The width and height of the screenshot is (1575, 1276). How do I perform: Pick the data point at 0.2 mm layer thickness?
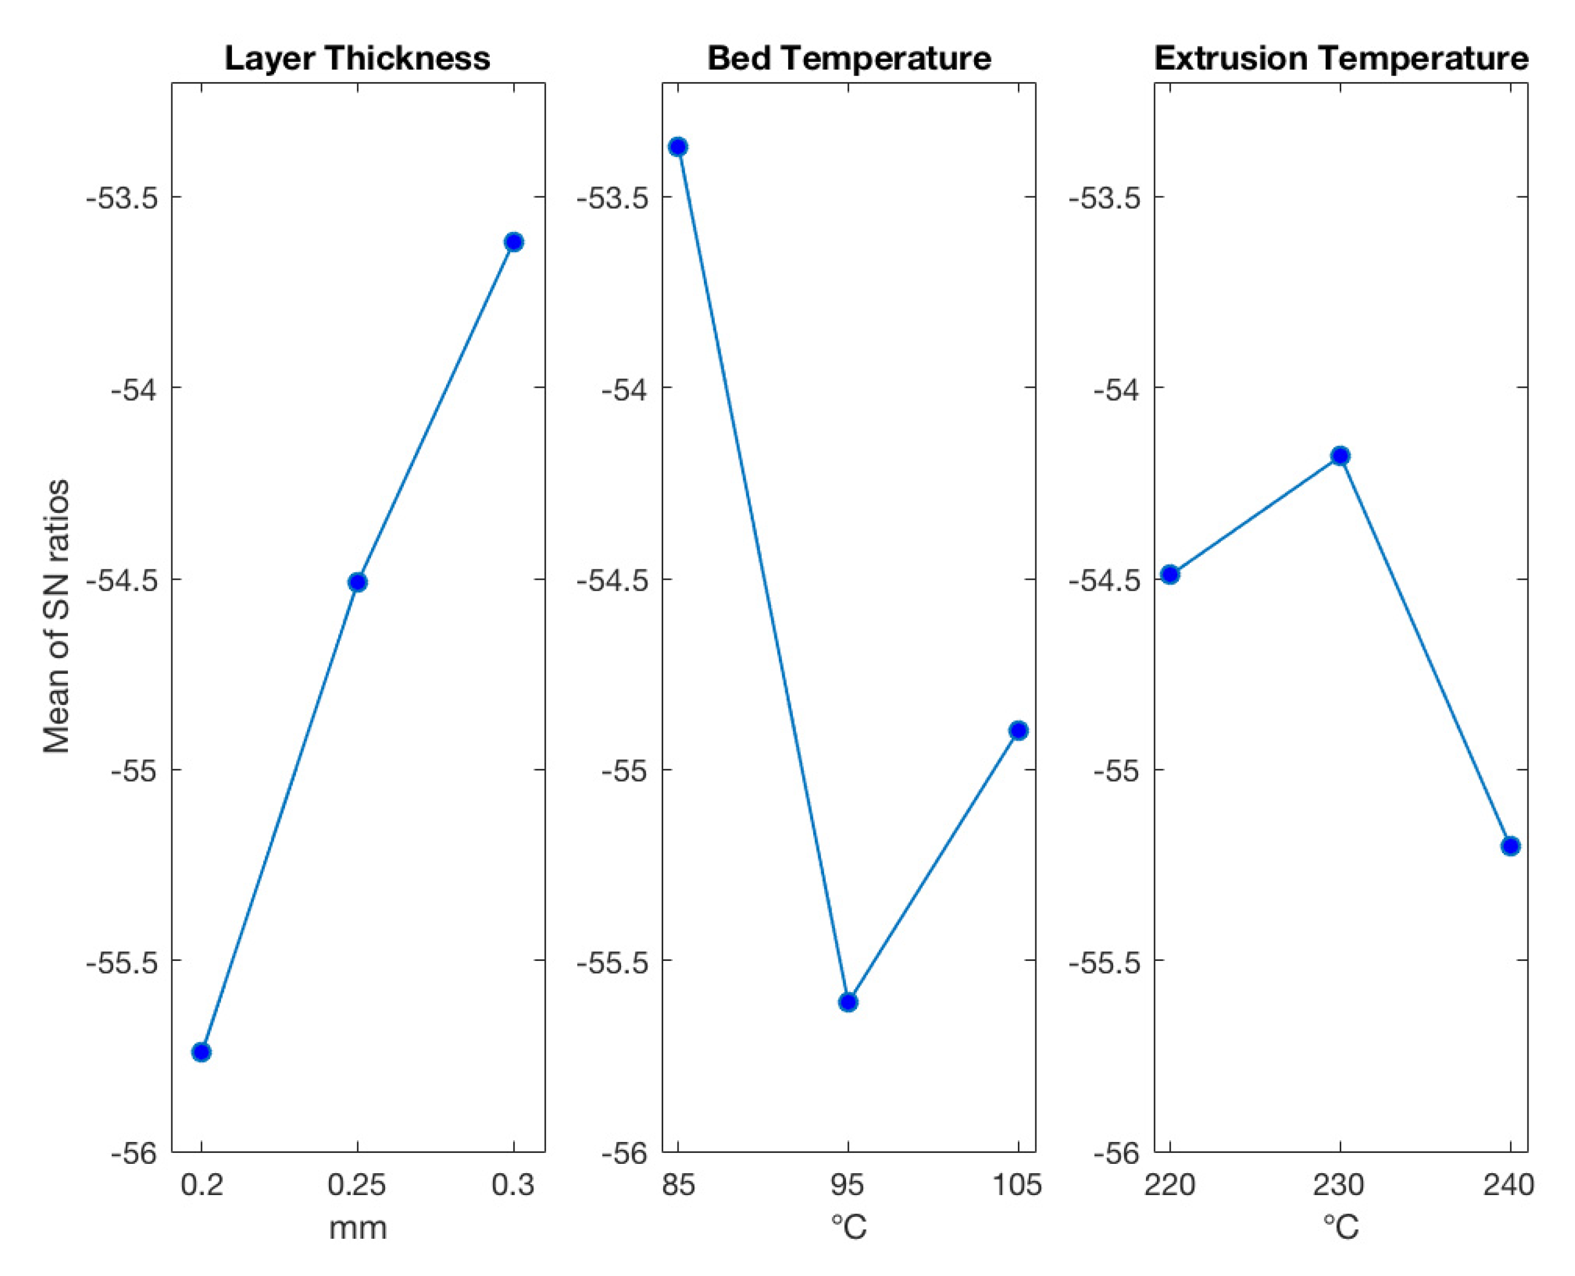pyautogui.click(x=201, y=1052)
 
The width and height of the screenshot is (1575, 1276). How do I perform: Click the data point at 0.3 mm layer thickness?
pyautogui.click(x=514, y=242)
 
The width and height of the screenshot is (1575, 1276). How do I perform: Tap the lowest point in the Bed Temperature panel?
pyautogui.click(x=849, y=1003)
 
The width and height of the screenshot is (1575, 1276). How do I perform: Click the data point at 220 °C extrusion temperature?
pyautogui.click(x=1170, y=575)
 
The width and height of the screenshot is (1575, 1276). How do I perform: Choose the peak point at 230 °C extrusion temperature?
pyautogui.click(x=1340, y=456)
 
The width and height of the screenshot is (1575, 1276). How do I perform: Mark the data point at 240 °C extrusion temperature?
pyautogui.click(x=1510, y=846)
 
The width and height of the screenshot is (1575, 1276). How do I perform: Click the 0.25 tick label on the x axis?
pyautogui.click(x=357, y=1185)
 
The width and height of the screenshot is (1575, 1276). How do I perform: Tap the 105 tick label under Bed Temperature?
pyautogui.click(x=1018, y=1185)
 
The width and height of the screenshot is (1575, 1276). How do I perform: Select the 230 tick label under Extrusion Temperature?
pyautogui.click(x=1340, y=1185)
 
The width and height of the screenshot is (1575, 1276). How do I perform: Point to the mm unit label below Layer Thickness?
pyautogui.click(x=357, y=1227)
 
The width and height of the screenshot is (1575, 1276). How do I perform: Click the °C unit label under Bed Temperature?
pyautogui.click(x=849, y=1227)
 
